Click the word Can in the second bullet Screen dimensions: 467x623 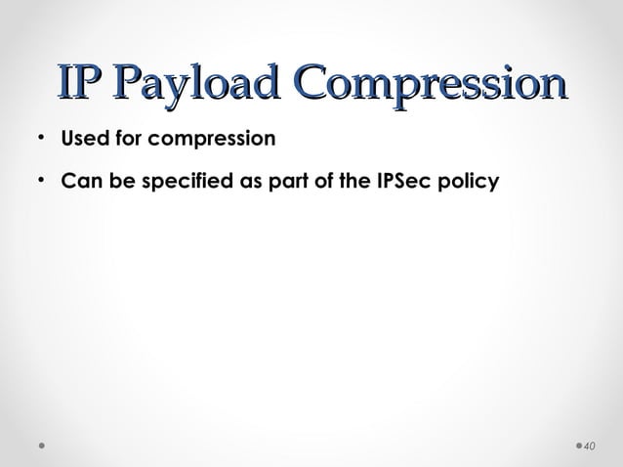click(79, 183)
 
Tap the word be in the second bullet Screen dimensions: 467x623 click(115, 183)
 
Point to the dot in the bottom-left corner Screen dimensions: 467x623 click(41, 446)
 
